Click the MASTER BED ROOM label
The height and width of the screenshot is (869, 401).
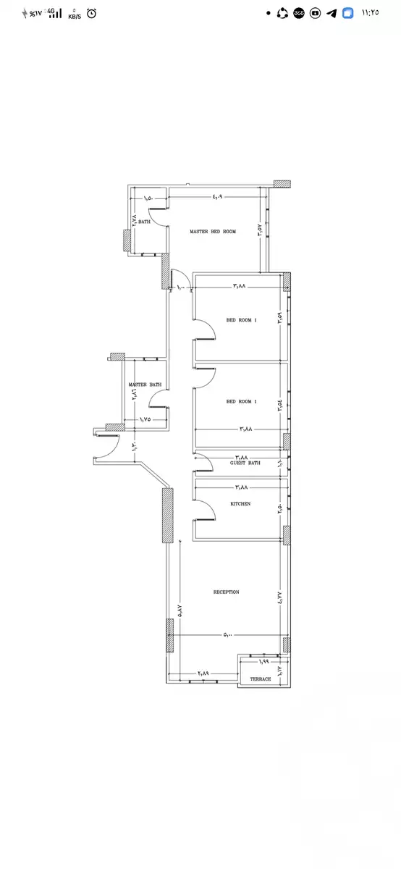click(x=213, y=232)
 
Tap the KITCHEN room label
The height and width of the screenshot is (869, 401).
click(x=240, y=503)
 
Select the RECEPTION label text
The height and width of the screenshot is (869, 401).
click(x=226, y=592)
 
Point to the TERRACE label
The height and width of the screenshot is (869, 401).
click(x=261, y=679)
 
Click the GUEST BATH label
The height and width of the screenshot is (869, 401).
click(x=245, y=463)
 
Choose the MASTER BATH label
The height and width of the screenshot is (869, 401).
click(x=145, y=385)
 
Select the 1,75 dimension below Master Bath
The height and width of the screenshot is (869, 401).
click(x=145, y=420)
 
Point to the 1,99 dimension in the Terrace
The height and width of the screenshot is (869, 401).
click(x=264, y=662)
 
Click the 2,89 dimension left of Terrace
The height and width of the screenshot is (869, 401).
click(x=203, y=673)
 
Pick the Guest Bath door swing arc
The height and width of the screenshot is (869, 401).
click(x=203, y=461)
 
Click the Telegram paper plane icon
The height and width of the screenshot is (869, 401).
click(x=332, y=13)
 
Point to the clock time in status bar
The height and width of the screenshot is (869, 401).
click(x=369, y=13)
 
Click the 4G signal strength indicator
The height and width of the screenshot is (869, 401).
click(x=54, y=13)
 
